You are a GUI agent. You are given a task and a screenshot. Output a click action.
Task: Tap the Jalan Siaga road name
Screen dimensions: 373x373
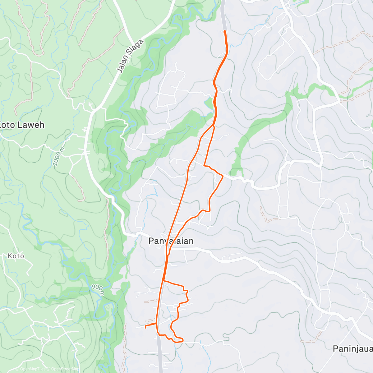[x=131, y=56]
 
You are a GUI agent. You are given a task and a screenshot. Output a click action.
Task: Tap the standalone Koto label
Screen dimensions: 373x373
[x=16, y=256]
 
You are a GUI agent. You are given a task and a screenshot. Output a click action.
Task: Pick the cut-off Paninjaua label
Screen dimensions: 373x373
[x=352, y=349]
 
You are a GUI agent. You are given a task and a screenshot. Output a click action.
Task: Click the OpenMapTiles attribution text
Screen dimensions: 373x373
[x=30, y=369]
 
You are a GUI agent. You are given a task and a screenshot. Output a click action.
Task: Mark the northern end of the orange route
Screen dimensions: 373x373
[x=224, y=31]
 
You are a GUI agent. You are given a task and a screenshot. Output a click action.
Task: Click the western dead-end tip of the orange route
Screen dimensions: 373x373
[x=145, y=327]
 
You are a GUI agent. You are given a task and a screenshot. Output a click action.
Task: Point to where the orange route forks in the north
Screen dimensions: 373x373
[x=214, y=126]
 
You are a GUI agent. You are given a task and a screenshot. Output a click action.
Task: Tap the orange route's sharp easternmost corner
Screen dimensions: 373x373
[x=223, y=176]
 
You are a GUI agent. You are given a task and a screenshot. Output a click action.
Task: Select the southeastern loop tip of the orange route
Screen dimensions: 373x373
[x=182, y=340]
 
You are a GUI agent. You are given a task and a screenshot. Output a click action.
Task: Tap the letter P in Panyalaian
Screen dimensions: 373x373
[x=151, y=241]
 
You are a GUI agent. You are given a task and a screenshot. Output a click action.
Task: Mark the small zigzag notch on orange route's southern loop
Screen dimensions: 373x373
[x=186, y=291]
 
